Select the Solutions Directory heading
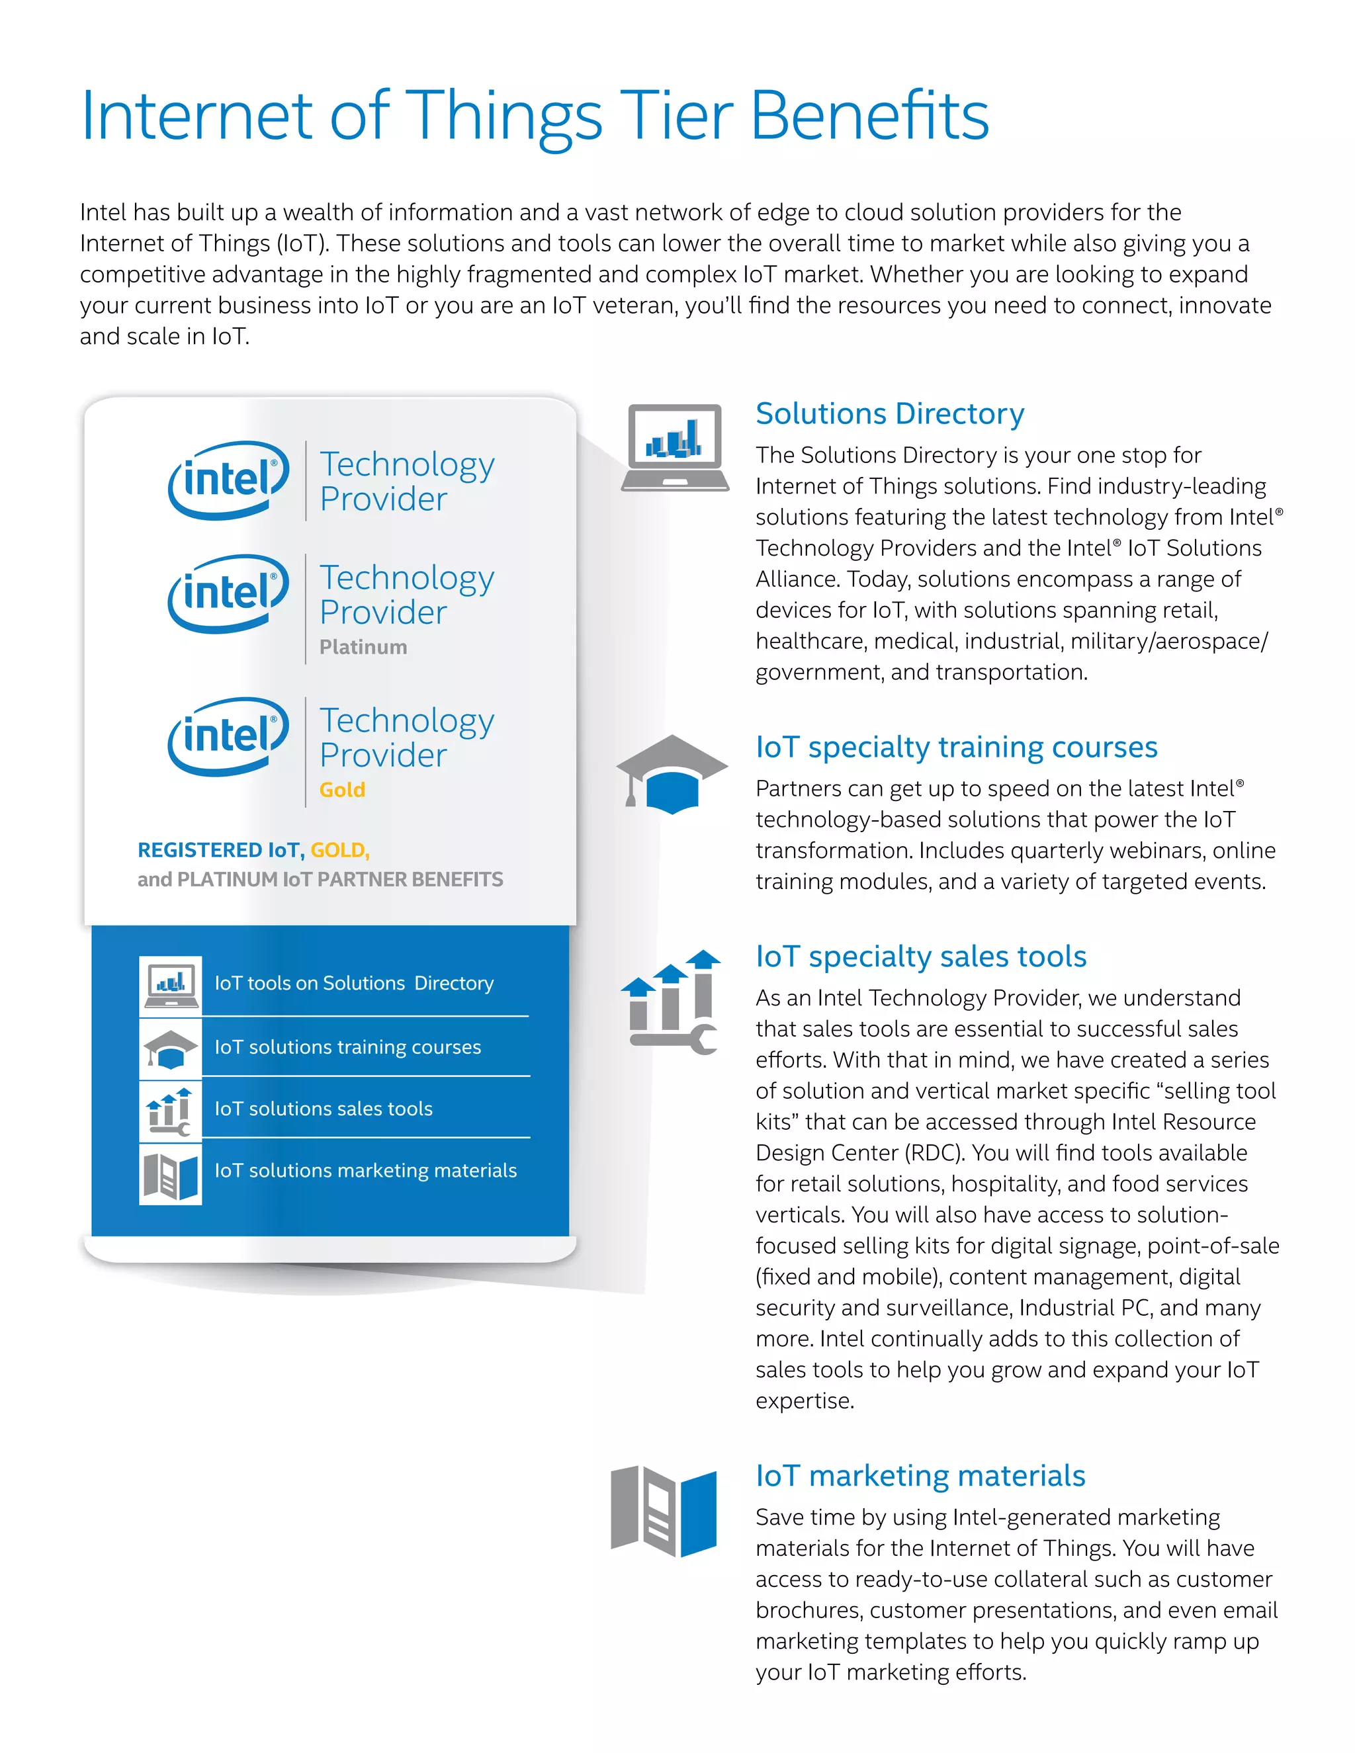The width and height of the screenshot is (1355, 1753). point(889,413)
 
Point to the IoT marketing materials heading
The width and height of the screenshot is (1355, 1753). point(919,1475)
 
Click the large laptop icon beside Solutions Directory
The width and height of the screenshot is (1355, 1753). point(674,447)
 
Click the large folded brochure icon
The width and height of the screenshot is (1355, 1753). point(663,1511)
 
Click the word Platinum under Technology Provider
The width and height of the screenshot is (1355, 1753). point(363,647)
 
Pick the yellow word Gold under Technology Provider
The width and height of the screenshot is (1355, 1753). point(342,790)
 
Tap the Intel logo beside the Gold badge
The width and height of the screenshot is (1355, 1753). point(229,736)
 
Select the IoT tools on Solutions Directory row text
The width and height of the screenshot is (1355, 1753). point(353,983)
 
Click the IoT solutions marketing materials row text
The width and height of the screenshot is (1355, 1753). point(365,1170)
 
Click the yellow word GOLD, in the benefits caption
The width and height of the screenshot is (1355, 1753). point(339,850)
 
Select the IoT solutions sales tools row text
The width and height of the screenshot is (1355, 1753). point(323,1109)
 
